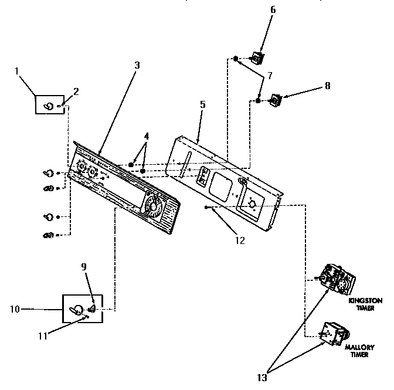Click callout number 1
coord(16,71)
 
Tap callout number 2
coord(75,90)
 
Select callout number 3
coord(137,65)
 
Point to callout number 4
coord(146,136)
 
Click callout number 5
coord(202,104)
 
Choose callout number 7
coord(269,76)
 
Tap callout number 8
coord(327,86)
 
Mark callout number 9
coord(83,266)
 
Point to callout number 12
coord(238,239)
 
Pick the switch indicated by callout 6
coord(256,57)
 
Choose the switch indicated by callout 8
coord(274,100)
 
